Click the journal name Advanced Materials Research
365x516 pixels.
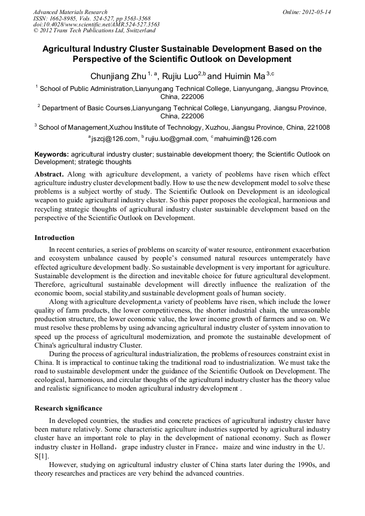pos(70,11)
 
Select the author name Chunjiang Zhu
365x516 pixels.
pos(117,76)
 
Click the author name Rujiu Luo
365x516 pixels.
pos(180,76)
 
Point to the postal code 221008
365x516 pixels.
pos(318,127)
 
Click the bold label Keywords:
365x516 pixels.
pos(52,154)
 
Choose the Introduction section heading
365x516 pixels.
pos(54,237)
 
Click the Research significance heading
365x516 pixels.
pos(68,408)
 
